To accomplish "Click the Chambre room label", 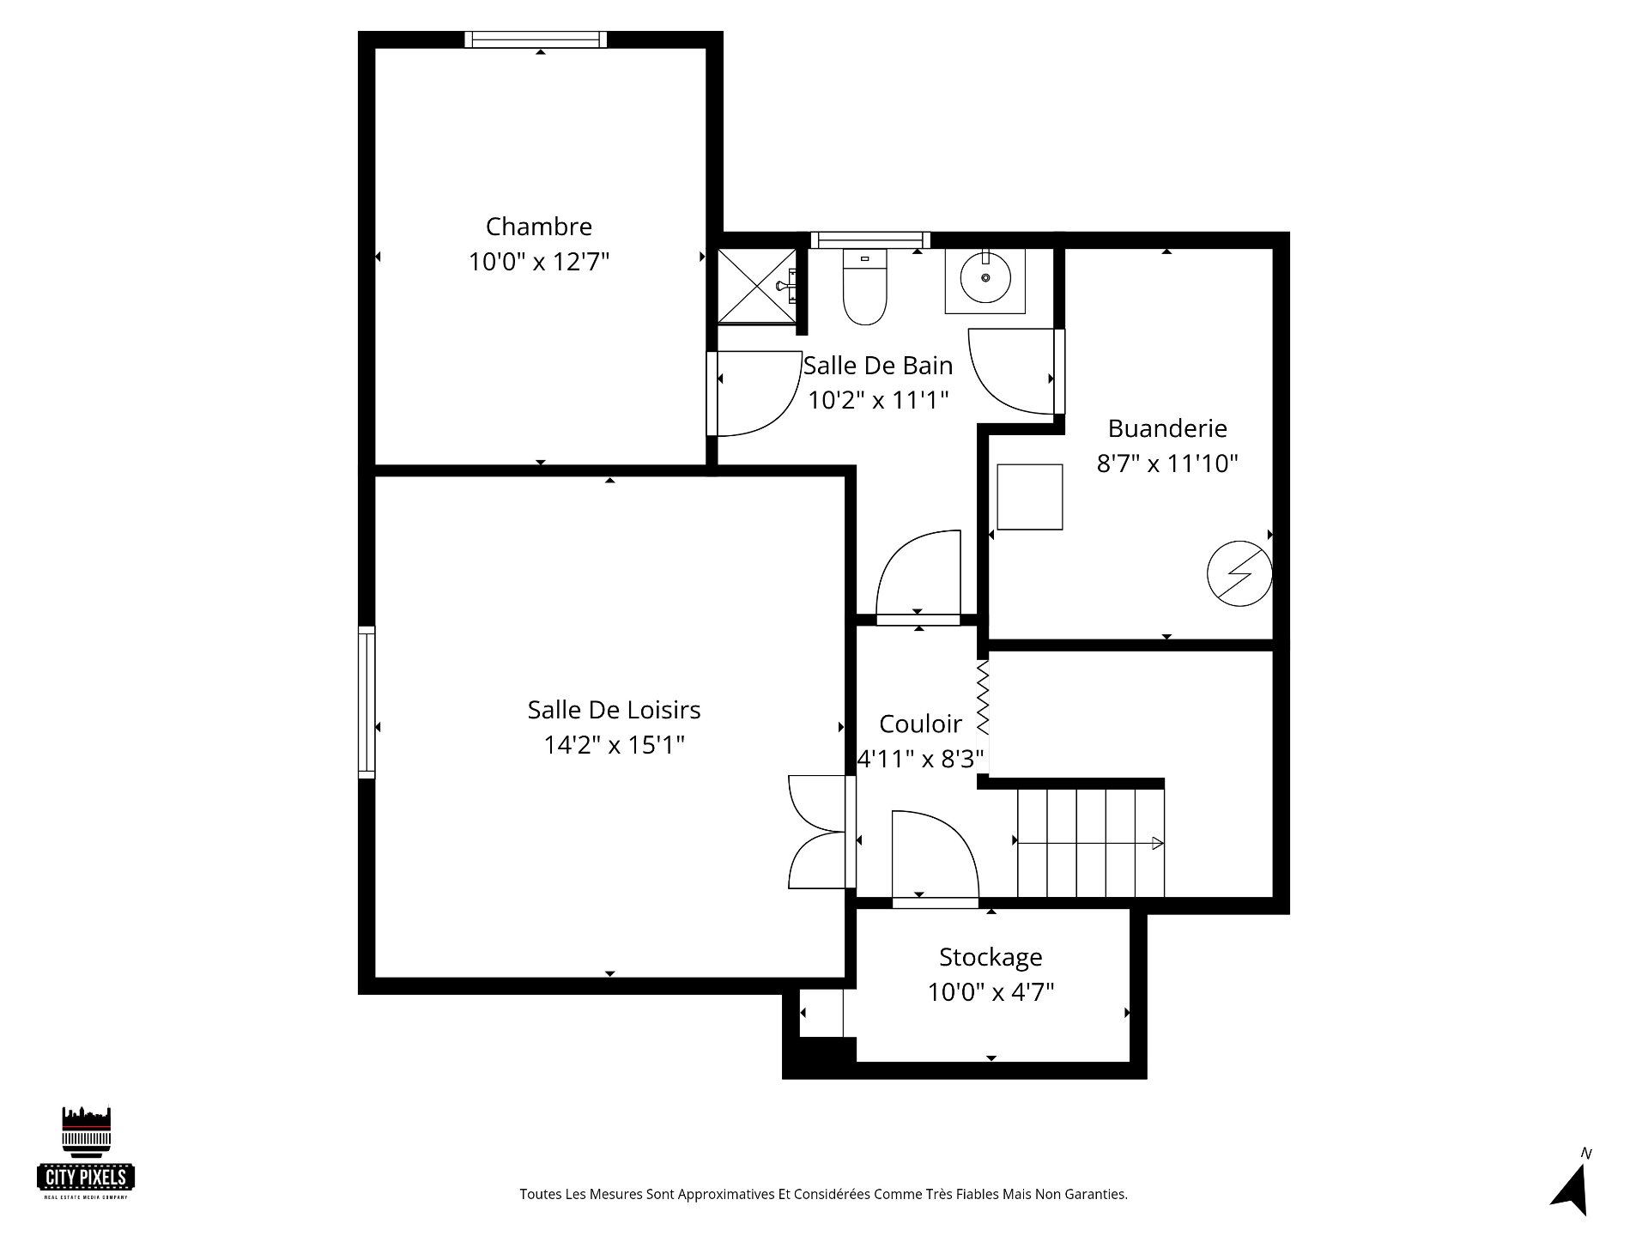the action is click(539, 227).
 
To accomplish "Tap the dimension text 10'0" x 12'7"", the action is click(539, 261).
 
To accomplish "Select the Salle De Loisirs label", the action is click(614, 710).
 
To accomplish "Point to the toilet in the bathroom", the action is click(864, 287).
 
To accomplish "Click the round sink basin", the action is click(985, 277).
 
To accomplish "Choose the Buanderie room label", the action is click(1167, 427).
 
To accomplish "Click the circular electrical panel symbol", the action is click(1239, 573).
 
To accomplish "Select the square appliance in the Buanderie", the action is click(1030, 496).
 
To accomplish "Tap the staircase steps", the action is click(1090, 844).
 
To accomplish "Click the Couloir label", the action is click(920, 724).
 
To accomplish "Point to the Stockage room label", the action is click(991, 957).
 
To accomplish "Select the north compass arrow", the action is click(1570, 1189).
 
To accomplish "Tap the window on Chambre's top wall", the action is click(536, 39).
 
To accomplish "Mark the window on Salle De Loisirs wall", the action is click(367, 702).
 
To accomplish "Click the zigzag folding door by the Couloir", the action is click(984, 698).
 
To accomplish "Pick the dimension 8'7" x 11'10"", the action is click(1167, 463).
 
